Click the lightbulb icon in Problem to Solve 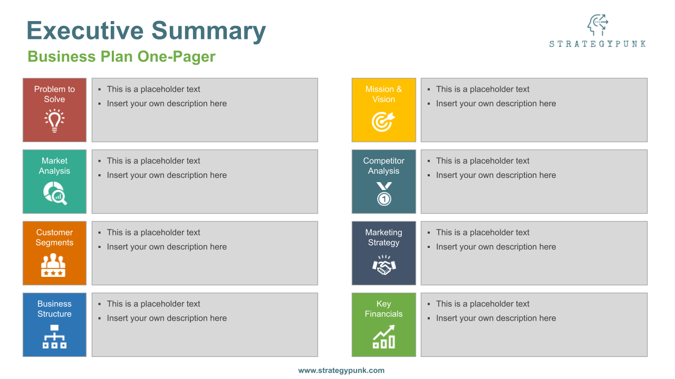coord(54,121)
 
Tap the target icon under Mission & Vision coord(383,121)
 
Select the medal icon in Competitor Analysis coord(384,193)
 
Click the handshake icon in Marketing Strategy coord(384,265)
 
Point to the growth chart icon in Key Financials coord(384,337)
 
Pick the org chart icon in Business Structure coord(54,337)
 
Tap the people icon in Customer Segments coord(53,265)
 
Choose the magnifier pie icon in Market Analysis coord(55,193)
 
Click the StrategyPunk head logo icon coord(597,25)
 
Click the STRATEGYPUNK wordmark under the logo coord(597,44)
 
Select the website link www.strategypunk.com coord(341,371)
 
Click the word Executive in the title coord(84,31)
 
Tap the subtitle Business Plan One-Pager coord(121,57)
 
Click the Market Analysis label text coord(54,166)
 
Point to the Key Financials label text coord(383,309)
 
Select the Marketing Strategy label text coord(383,237)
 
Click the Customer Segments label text coord(54,237)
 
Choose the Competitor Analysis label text coord(383,166)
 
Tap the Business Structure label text coord(54,309)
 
